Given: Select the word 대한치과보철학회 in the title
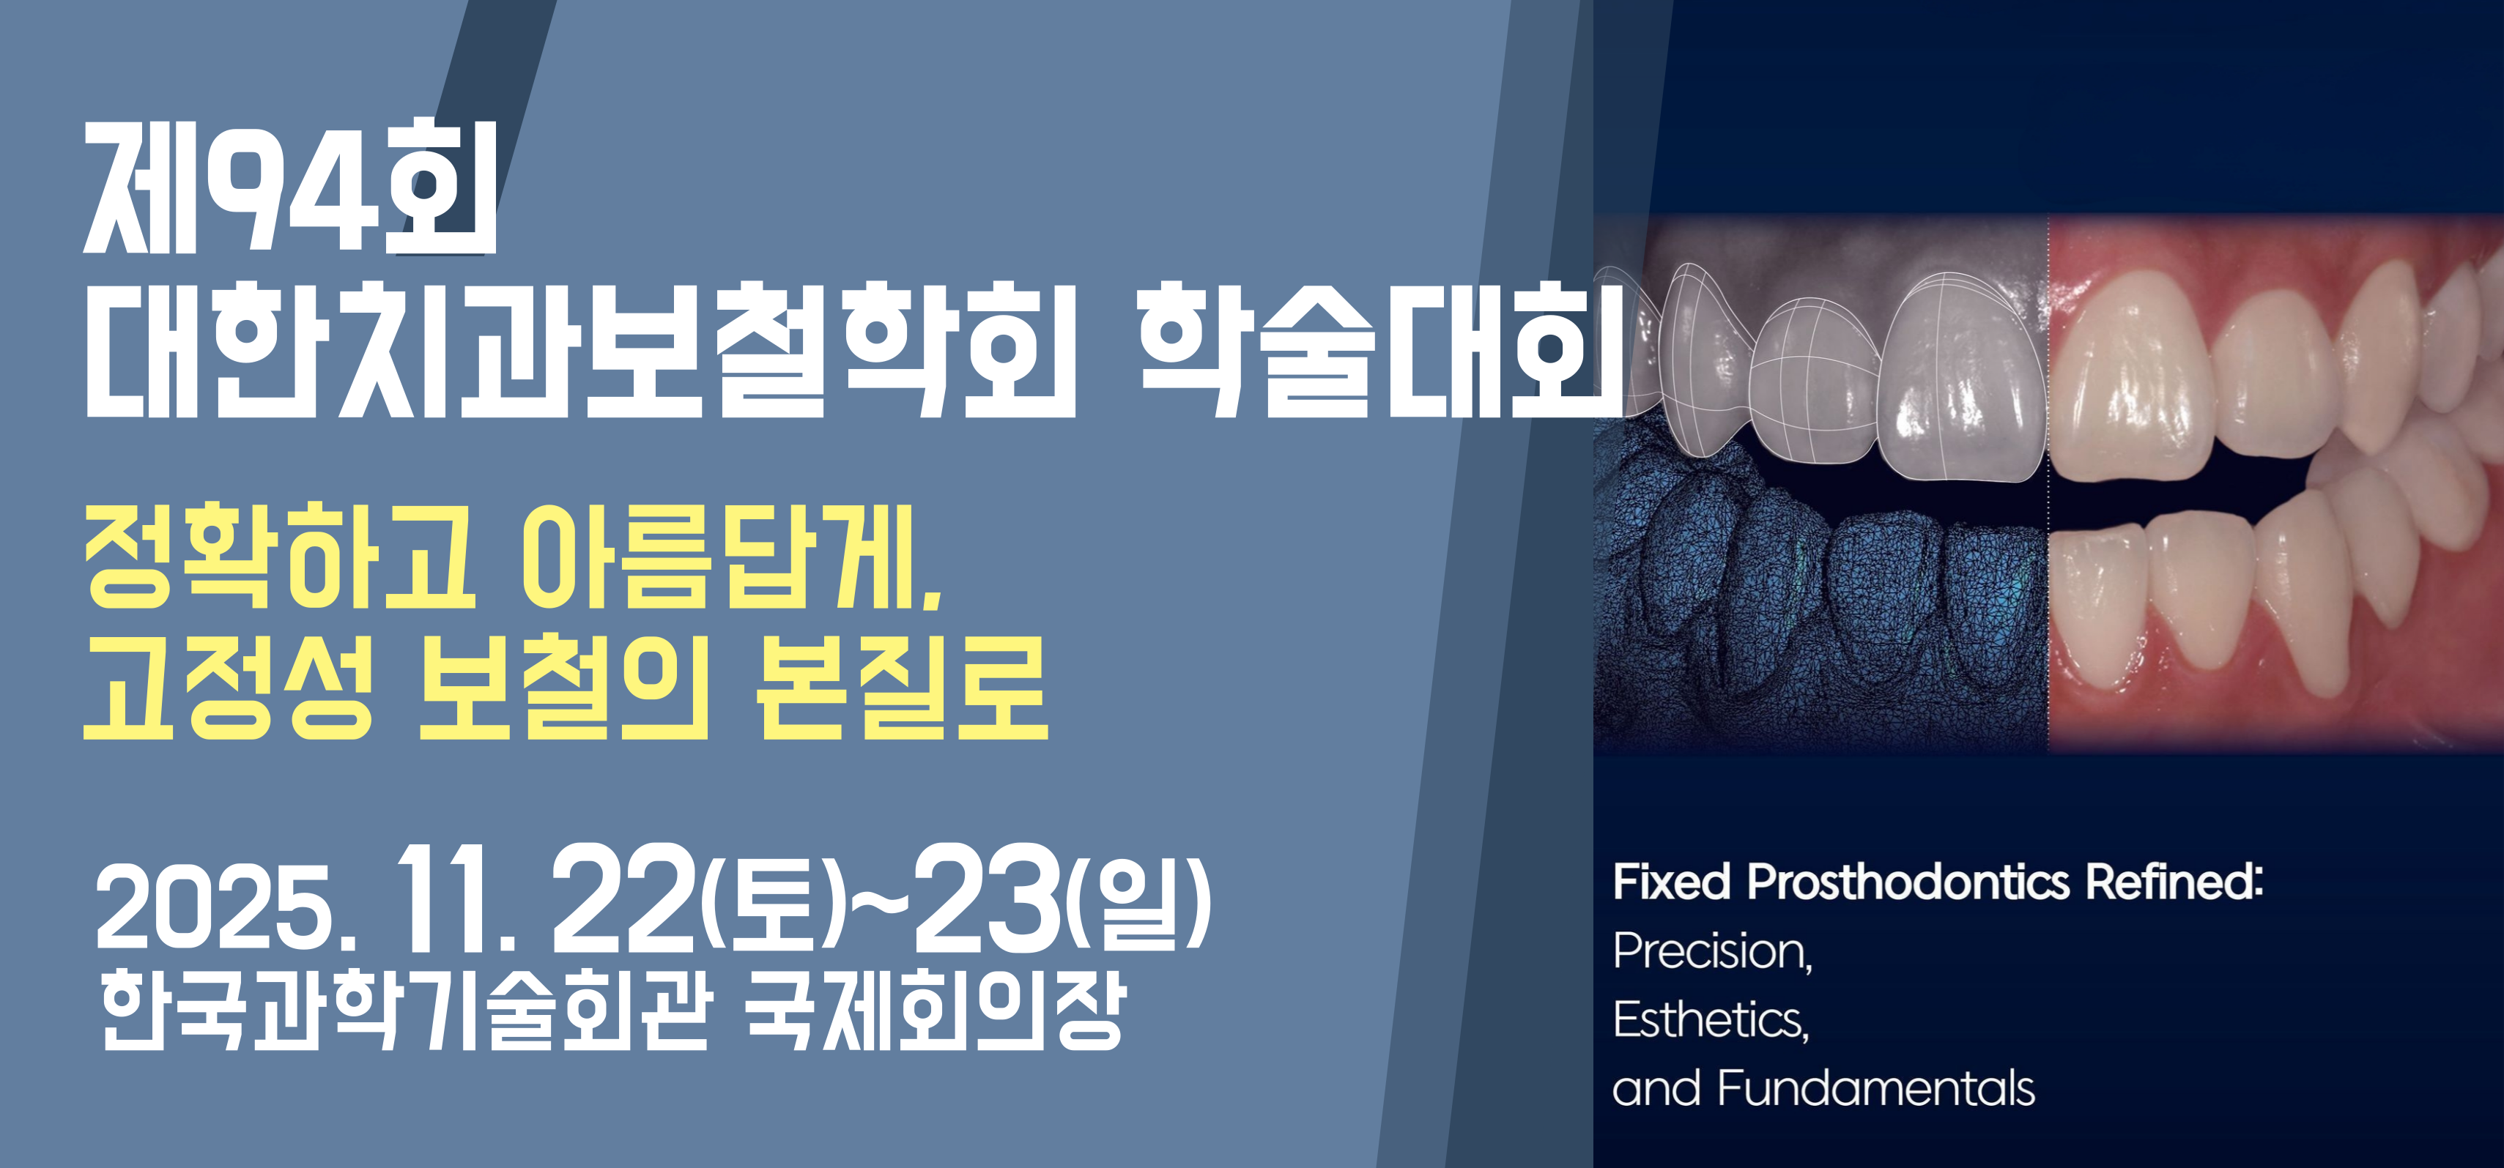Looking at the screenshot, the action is (x=580, y=351).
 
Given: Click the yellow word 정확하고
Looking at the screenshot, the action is (x=280, y=557).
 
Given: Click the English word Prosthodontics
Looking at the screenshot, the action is (x=1908, y=882).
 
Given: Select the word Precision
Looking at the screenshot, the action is (x=1713, y=951).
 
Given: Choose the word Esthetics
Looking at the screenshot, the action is (x=1711, y=1019).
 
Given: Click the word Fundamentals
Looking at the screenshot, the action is (x=1875, y=1087).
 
